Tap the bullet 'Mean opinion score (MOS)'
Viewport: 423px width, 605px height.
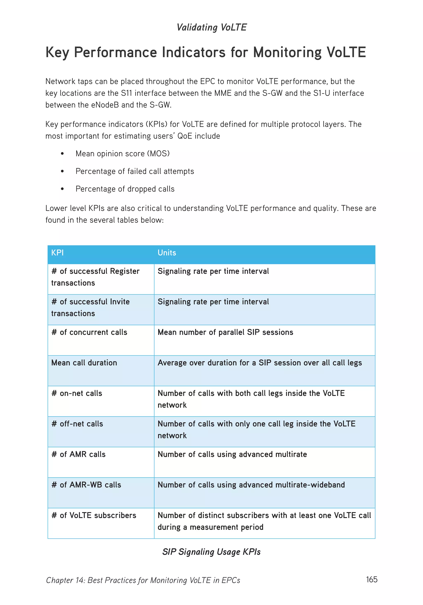coord(122,153)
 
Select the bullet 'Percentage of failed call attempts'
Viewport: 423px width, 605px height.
coord(134,171)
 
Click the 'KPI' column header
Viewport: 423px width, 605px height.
coord(57,253)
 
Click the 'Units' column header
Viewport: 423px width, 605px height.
coord(167,253)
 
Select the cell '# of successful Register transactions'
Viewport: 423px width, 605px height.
coord(95,277)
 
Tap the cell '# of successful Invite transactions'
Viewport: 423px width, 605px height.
coord(90,307)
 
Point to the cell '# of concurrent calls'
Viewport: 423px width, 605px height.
coord(89,332)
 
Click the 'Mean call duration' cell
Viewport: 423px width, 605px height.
coord(84,363)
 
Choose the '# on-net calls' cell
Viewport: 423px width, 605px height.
coord(77,393)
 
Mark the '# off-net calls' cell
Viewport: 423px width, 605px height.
coord(77,424)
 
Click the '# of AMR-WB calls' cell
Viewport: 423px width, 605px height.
coord(86,485)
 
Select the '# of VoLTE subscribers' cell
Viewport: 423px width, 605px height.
coord(94,515)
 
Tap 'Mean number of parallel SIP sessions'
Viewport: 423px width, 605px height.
coord(225,332)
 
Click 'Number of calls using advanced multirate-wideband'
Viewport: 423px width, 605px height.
coord(251,485)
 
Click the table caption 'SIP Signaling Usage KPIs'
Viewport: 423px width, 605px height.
coord(211,552)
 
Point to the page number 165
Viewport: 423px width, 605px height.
coord(371,579)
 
